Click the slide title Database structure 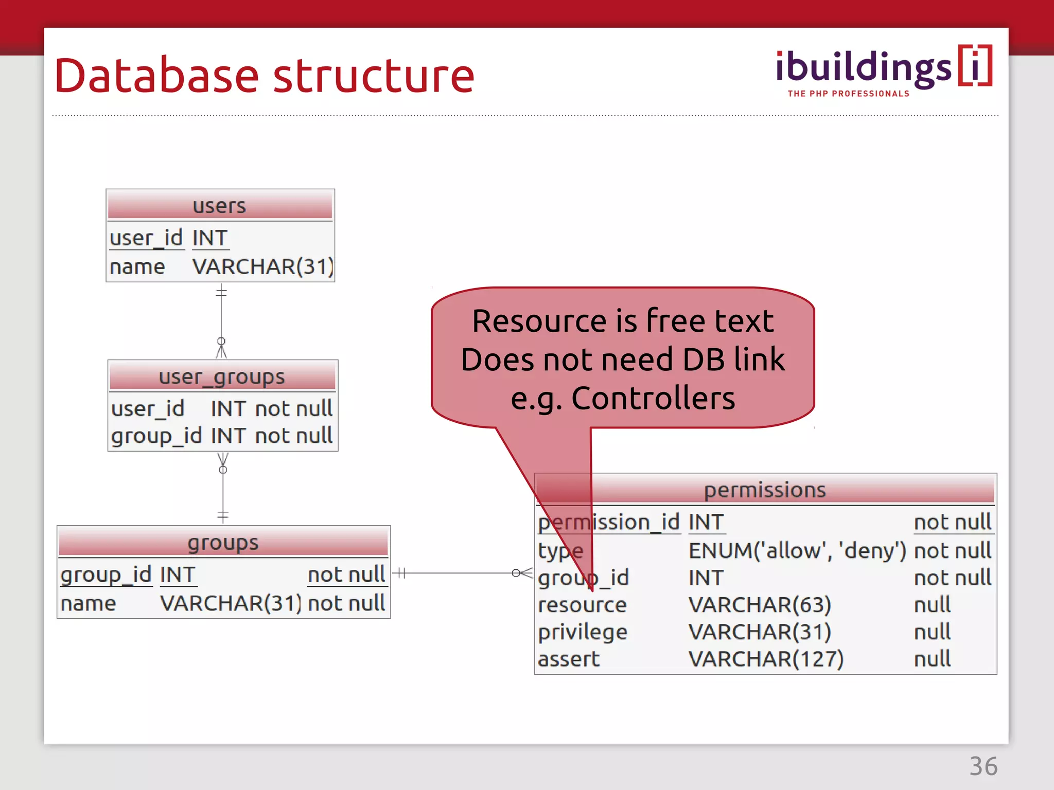(x=264, y=76)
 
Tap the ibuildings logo (x=883, y=68)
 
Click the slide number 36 (x=983, y=766)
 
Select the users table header (x=220, y=206)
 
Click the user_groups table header (x=222, y=376)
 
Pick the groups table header (x=223, y=543)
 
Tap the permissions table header (x=765, y=490)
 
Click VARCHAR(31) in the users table (x=262, y=267)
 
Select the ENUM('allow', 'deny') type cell (x=797, y=551)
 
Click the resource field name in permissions (x=582, y=605)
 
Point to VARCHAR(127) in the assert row (x=766, y=659)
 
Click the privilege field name (x=583, y=632)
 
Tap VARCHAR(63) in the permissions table (x=760, y=605)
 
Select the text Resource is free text (x=623, y=321)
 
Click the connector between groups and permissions (x=458, y=572)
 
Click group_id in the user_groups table (x=156, y=436)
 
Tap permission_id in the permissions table (x=609, y=523)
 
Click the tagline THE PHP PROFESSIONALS (x=848, y=94)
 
